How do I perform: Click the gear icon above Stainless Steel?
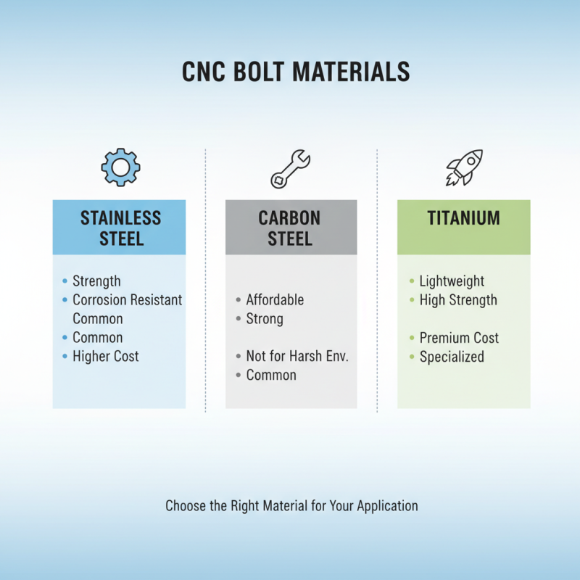click(120, 167)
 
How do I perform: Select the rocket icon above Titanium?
click(464, 167)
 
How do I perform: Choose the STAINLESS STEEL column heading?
click(120, 228)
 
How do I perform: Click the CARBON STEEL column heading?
click(290, 228)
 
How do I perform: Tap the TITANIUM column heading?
click(464, 218)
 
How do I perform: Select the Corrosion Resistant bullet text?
click(127, 300)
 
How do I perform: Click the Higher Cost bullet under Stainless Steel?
click(105, 357)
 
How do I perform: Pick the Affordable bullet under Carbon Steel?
click(275, 300)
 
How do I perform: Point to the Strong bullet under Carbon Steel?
click(265, 319)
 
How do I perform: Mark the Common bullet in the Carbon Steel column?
click(271, 376)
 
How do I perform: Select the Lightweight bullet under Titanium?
click(452, 281)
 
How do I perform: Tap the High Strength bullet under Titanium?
click(458, 300)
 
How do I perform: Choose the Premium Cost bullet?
click(459, 338)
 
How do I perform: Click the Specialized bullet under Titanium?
click(452, 357)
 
